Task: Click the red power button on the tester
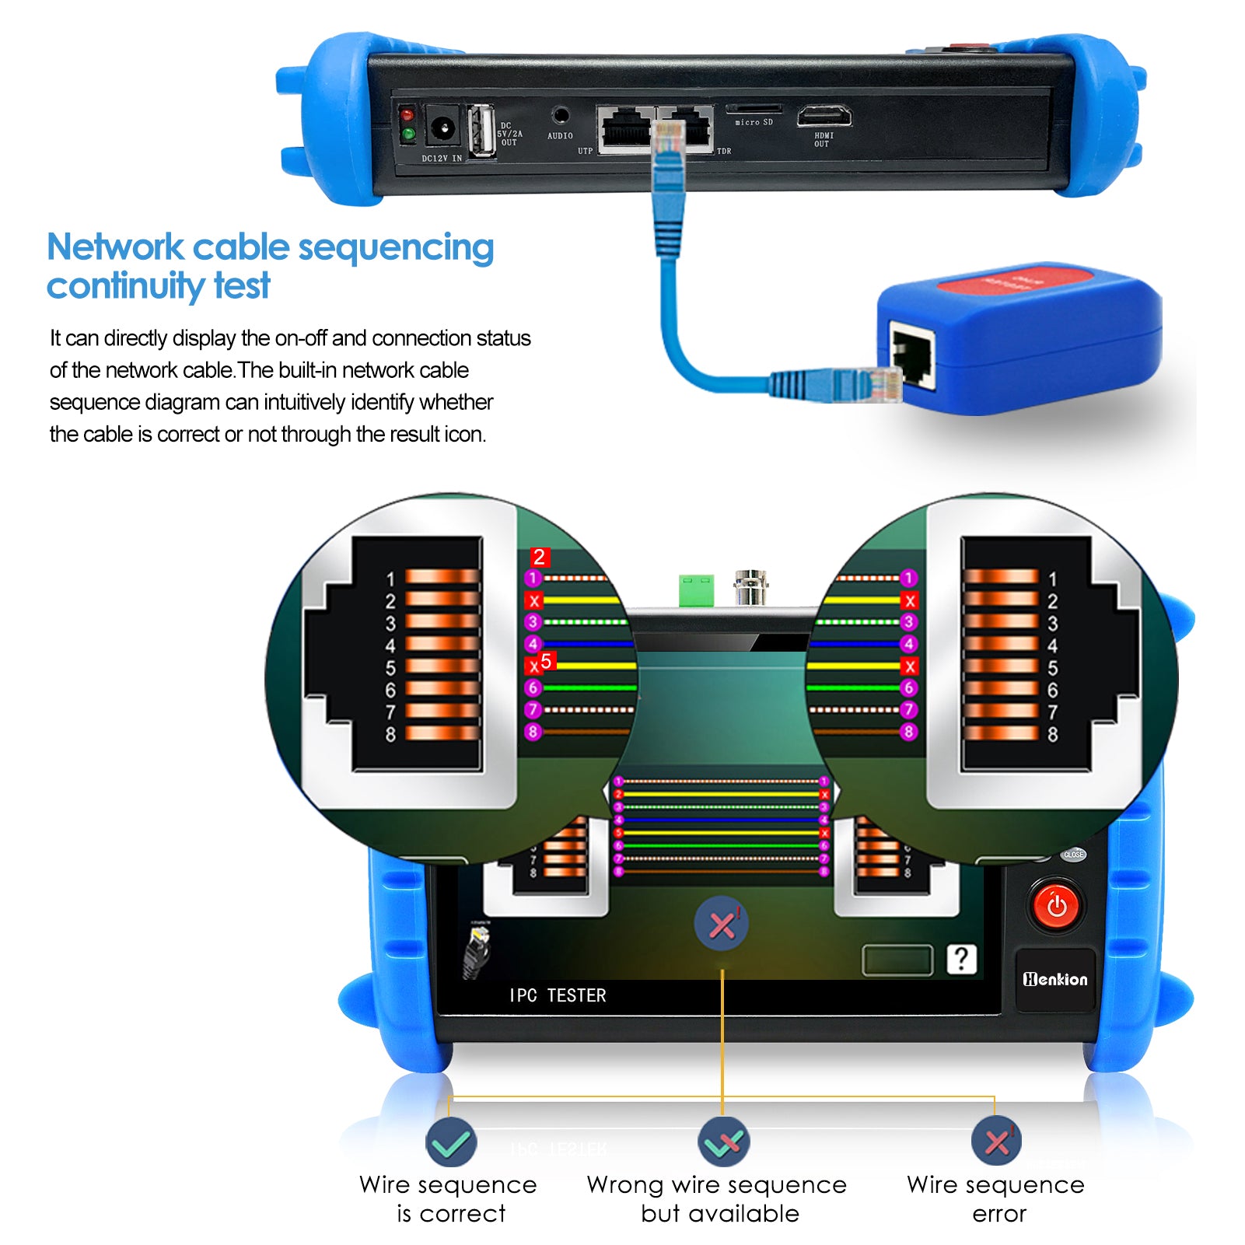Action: (1056, 905)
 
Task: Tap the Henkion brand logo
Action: (1055, 980)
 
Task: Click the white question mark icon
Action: (961, 959)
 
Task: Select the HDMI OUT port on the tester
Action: (824, 117)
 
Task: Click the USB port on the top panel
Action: (481, 130)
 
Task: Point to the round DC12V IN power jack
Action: (442, 127)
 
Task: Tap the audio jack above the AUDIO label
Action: (560, 116)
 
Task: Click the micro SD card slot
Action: (753, 109)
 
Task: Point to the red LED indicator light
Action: (407, 115)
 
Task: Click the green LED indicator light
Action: (407, 135)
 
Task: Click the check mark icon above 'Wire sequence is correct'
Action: (450, 1142)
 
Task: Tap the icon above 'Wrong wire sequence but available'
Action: (723, 1142)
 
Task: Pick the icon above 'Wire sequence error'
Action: (996, 1142)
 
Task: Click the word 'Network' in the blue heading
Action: (115, 247)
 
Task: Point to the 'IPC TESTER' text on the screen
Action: (558, 995)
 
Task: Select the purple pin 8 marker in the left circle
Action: (533, 732)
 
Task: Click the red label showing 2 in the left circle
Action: (540, 557)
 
